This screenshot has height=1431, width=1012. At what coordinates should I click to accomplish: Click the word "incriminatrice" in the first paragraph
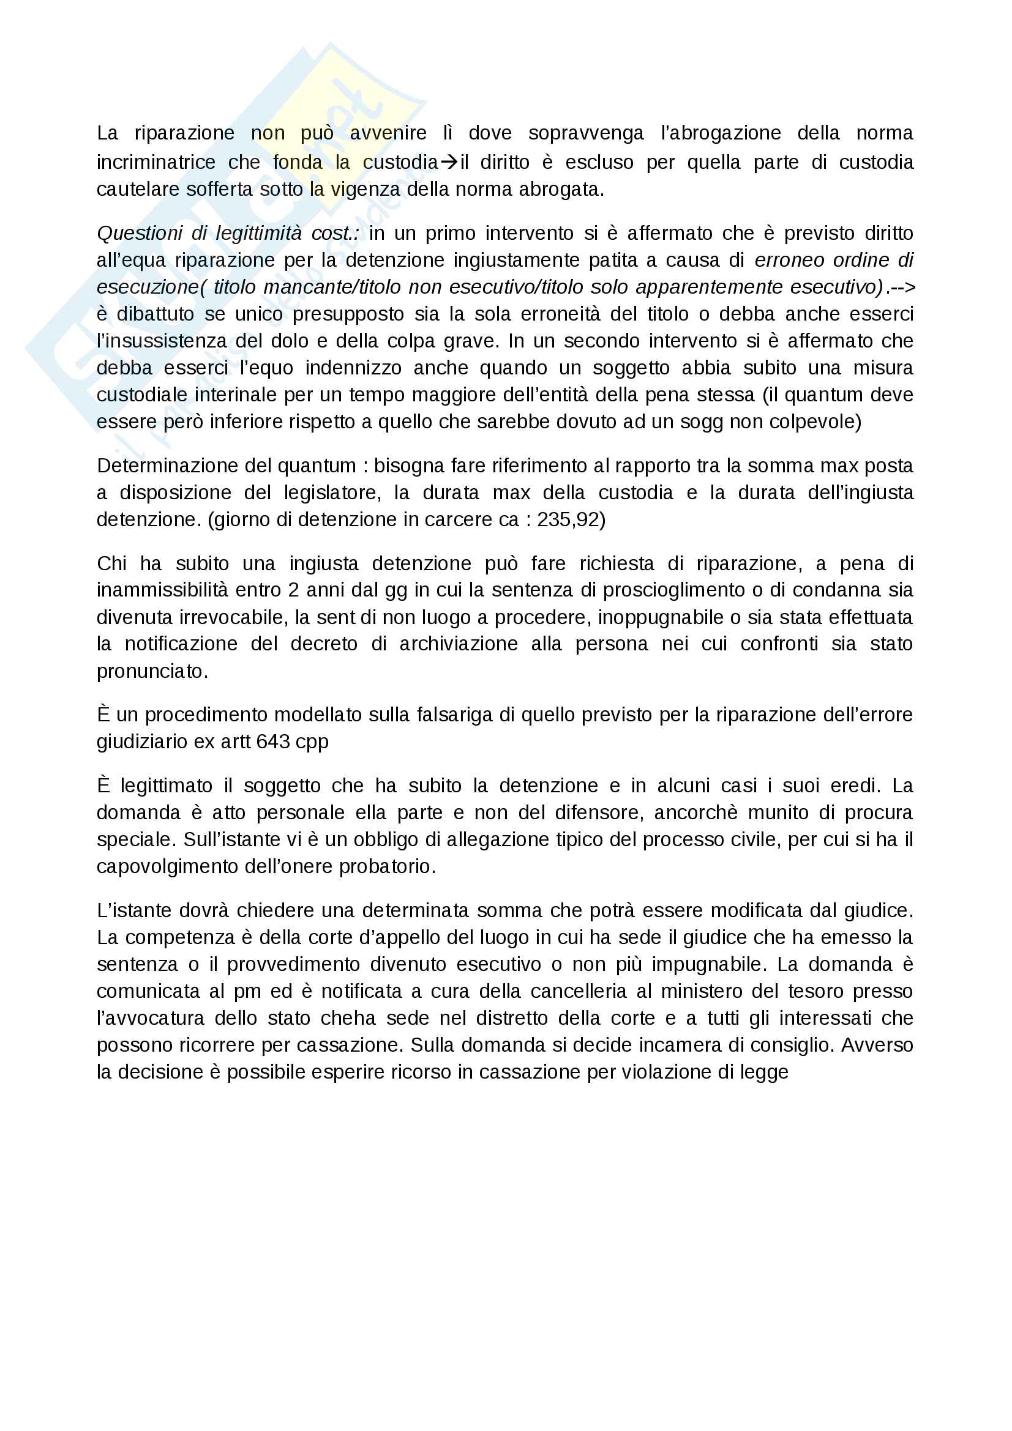156,163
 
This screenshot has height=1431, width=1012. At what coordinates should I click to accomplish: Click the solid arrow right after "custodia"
449,162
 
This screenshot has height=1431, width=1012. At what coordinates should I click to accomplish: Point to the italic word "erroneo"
790,261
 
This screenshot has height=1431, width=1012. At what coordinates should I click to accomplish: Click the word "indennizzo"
353,368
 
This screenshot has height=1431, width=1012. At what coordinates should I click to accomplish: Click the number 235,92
568,520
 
